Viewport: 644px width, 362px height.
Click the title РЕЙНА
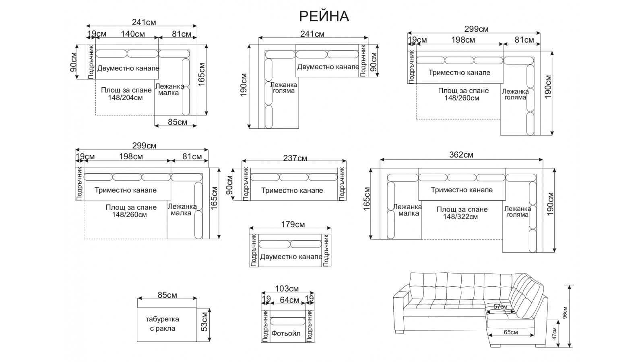(x=324, y=16)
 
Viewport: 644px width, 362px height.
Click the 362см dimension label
(x=461, y=155)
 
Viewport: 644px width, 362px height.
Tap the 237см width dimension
(x=295, y=158)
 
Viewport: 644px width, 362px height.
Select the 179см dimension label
(x=293, y=224)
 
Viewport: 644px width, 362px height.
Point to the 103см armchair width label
(x=287, y=288)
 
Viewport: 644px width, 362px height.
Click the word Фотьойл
(x=286, y=333)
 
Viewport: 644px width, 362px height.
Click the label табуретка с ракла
(x=162, y=323)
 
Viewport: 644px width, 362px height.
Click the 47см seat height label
(x=554, y=333)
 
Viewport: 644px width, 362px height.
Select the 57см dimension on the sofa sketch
(x=500, y=307)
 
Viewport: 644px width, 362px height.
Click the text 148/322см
(x=461, y=217)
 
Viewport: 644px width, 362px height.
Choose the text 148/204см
(x=125, y=97)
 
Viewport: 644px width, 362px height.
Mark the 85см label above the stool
(x=167, y=295)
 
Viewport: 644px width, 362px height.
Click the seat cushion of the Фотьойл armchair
(x=287, y=322)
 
